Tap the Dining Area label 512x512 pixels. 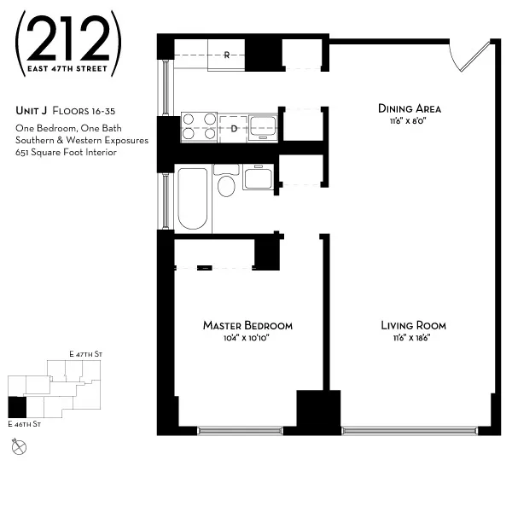pos(409,108)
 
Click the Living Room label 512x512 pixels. pos(413,325)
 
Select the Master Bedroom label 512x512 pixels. pos(247,325)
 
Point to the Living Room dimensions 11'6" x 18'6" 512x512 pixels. pos(413,338)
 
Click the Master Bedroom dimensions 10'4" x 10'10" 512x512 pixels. pos(247,338)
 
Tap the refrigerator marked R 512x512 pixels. pos(227,55)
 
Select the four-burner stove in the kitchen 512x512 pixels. pos(199,126)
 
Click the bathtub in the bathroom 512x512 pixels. pos(193,198)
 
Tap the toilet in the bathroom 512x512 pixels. pos(226,182)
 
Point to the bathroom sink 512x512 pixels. pos(258,178)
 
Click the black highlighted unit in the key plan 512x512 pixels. pos(17,407)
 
